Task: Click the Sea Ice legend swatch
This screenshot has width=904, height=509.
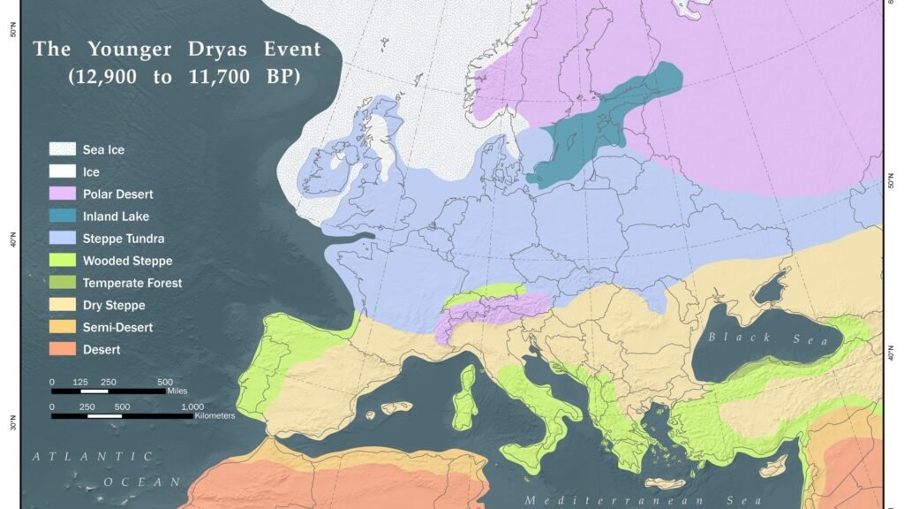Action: pyautogui.click(x=62, y=149)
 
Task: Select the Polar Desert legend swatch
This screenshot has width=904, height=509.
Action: pyautogui.click(x=62, y=194)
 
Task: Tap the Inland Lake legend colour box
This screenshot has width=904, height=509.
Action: pyautogui.click(x=62, y=217)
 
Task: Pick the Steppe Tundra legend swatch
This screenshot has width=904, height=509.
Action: pyautogui.click(x=62, y=239)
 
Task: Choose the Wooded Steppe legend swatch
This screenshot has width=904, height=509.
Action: pyautogui.click(x=62, y=261)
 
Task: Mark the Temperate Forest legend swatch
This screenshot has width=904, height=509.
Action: pyautogui.click(x=62, y=283)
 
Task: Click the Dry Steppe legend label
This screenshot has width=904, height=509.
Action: pyautogui.click(x=114, y=306)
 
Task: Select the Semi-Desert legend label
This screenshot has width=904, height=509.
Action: pyautogui.click(x=117, y=328)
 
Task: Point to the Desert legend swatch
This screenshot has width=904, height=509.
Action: pyautogui.click(x=62, y=350)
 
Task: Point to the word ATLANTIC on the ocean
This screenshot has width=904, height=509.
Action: pyautogui.click(x=93, y=457)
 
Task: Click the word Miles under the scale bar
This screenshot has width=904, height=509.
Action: pyautogui.click(x=176, y=390)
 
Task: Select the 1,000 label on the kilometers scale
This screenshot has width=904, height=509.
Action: pyautogui.click(x=192, y=406)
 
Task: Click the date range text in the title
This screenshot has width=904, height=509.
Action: pyautogui.click(x=185, y=77)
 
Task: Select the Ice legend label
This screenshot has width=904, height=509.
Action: pyautogui.click(x=91, y=172)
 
